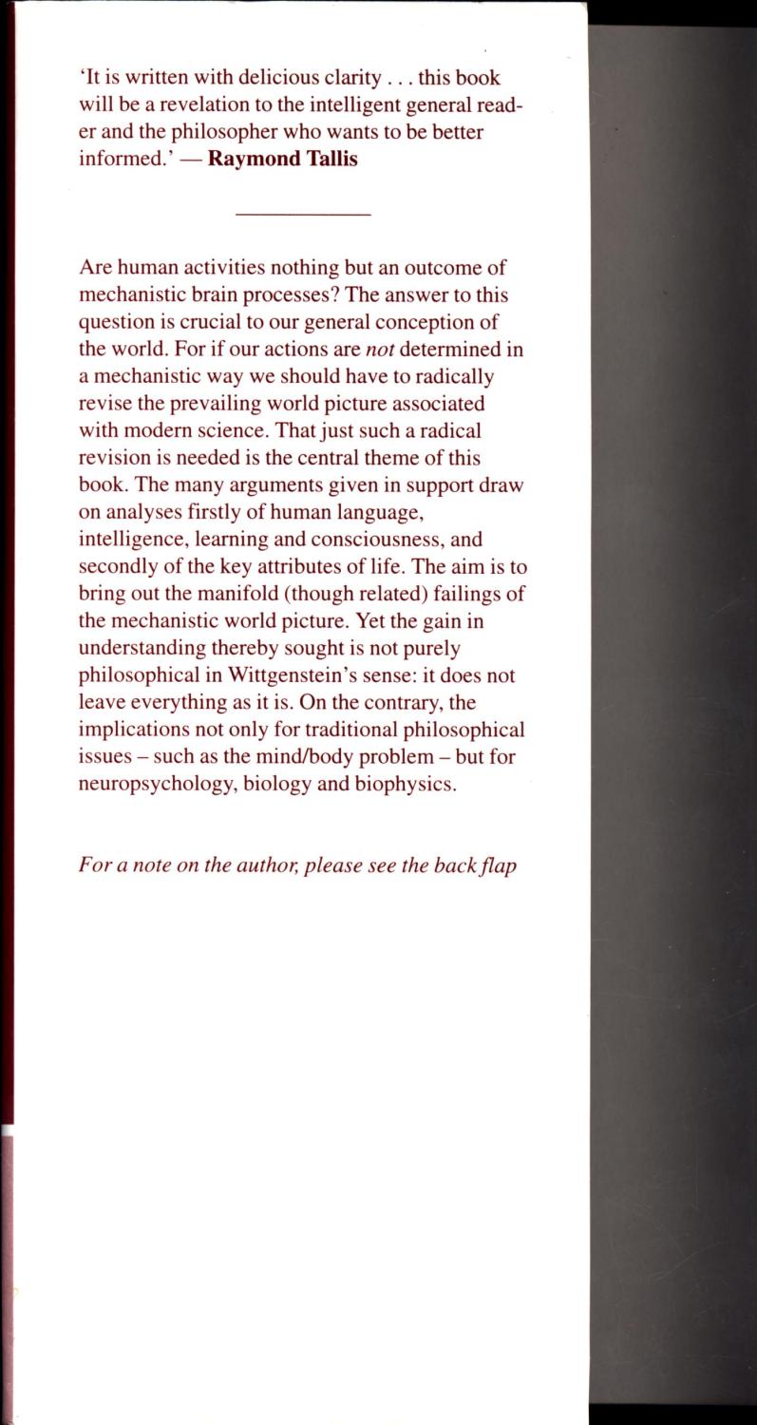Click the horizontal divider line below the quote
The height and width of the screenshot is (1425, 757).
[x=302, y=215]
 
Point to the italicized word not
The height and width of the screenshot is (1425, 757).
[x=380, y=349]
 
